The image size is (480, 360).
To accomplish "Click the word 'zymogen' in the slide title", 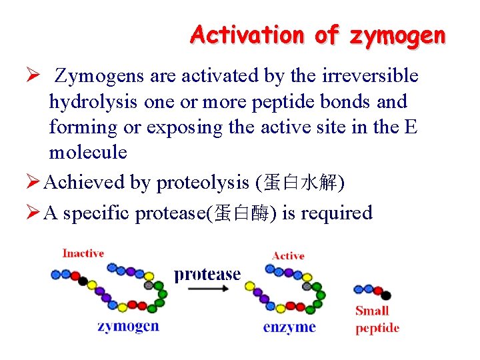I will click(397, 35).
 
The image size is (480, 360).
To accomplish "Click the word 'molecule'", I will click(87, 152).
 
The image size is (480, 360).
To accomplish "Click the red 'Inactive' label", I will click(83, 253).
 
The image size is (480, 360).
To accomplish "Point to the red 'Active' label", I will click(288, 256).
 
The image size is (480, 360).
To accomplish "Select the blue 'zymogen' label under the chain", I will click(128, 326).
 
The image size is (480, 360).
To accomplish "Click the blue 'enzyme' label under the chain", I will click(289, 327).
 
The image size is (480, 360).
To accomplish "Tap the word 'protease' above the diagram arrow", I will click(207, 274).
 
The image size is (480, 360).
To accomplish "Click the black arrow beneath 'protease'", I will click(207, 289).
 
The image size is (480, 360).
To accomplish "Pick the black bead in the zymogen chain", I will click(83, 281).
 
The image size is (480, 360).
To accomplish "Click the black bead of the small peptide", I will click(386, 295).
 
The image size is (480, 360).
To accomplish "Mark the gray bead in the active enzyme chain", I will click(307, 285).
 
